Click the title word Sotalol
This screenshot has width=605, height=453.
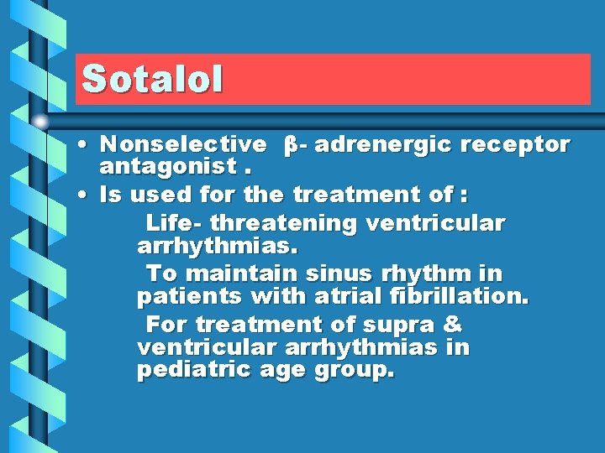[x=152, y=79]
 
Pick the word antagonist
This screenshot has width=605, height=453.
[x=167, y=168]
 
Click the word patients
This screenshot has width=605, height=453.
[x=185, y=297]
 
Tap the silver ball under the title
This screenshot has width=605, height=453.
[x=41, y=121]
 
